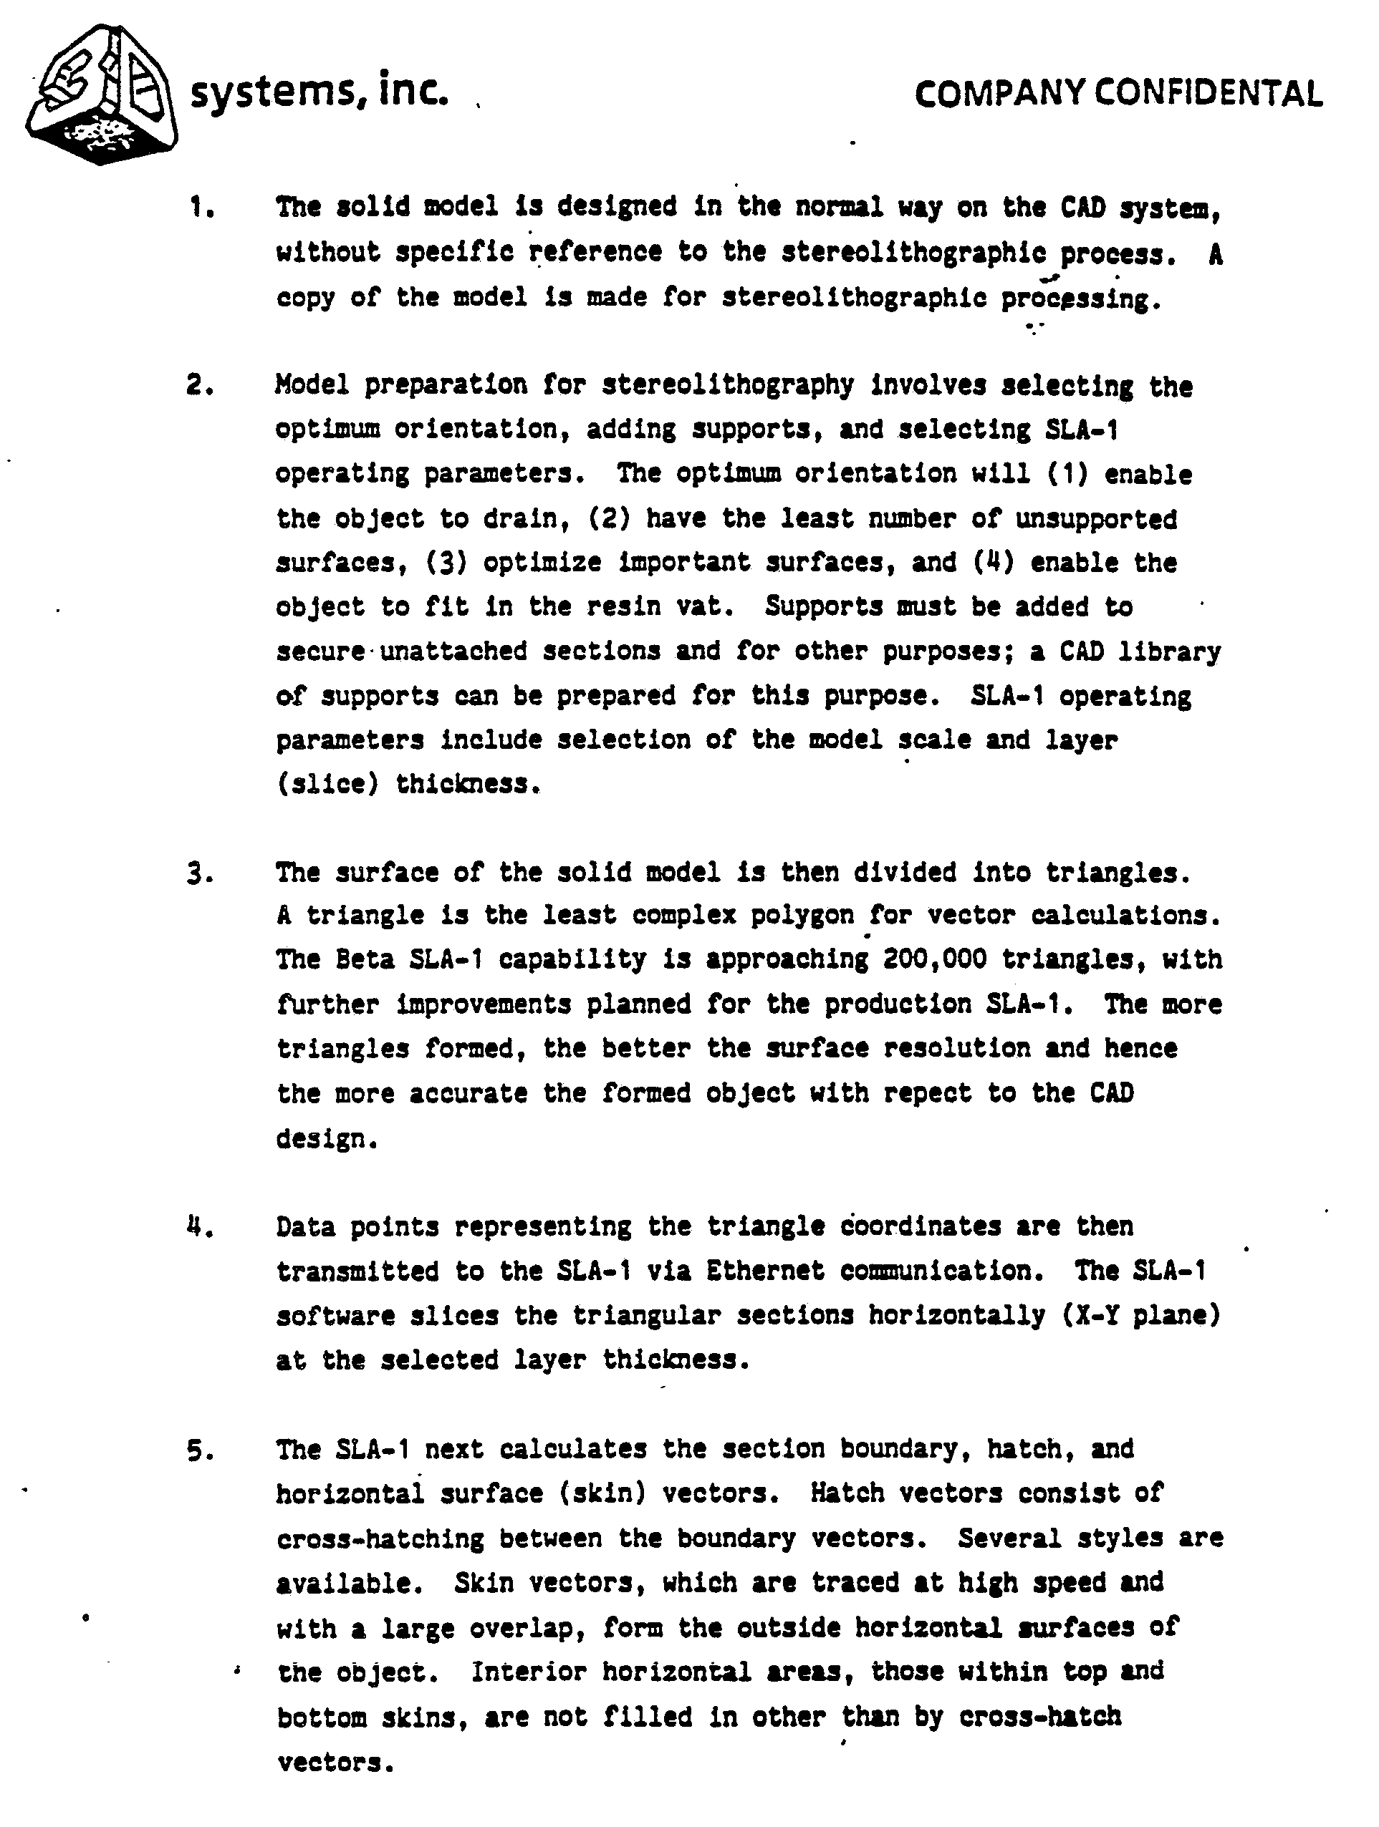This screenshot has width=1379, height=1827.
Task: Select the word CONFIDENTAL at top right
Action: coord(1208,94)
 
